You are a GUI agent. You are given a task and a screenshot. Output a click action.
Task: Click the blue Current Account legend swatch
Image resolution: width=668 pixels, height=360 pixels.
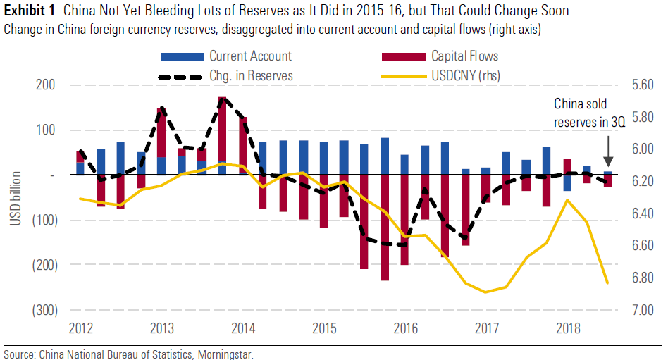click(x=183, y=56)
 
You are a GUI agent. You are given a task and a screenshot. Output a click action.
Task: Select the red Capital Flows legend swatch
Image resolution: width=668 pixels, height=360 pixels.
click(x=403, y=56)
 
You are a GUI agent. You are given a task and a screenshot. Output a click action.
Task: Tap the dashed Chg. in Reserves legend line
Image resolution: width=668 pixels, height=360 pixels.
click(x=183, y=75)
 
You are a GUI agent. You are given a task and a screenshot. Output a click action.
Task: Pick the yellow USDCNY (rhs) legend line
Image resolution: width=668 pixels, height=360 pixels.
click(x=403, y=75)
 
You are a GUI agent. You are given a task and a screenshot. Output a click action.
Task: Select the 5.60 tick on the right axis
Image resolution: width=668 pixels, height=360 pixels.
click(x=643, y=85)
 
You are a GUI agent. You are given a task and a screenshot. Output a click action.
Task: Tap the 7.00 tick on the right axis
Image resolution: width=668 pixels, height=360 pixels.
click(x=643, y=310)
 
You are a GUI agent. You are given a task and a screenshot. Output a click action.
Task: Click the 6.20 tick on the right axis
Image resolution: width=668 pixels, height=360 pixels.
click(x=643, y=181)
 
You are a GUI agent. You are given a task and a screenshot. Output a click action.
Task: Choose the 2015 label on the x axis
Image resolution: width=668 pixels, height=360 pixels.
click(x=323, y=328)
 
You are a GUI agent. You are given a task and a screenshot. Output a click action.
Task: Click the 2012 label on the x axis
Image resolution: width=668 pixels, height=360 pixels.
click(x=81, y=328)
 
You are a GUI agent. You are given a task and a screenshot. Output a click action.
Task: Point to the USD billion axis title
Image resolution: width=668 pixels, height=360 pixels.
click(x=16, y=198)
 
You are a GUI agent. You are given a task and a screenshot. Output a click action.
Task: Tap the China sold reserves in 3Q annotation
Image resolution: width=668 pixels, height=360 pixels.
click(x=589, y=113)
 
